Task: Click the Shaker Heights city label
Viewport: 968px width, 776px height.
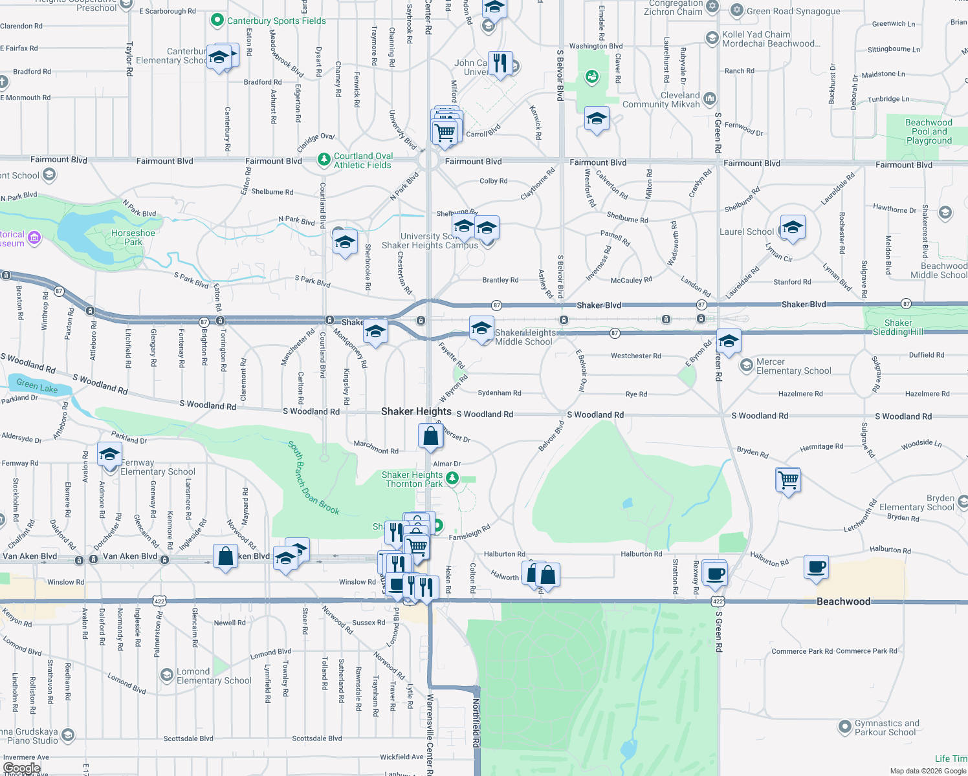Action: click(x=416, y=411)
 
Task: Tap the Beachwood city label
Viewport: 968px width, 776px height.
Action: click(x=843, y=601)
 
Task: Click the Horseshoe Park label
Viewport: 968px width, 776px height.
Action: click(x=133, y=237)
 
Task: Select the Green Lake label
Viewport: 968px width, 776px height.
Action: click(x=37, y=386)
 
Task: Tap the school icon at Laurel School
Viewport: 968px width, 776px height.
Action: click(x=793, y=228)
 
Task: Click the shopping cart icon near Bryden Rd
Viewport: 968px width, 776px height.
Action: click(x=788, y=480)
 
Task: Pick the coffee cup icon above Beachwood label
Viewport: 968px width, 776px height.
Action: click(x=817, y=566)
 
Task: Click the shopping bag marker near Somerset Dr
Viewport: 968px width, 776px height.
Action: click(x=430, y=436)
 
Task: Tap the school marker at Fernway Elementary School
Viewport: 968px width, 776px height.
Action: click(x=110, y=454)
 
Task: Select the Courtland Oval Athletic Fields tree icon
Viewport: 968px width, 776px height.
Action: click(x=324, y=159)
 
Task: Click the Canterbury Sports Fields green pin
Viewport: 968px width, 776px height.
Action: click(x=217, y=21)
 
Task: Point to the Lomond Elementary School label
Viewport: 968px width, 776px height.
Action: click(x=214, y=676)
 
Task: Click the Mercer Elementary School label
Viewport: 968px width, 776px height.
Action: click(x=793, y=366)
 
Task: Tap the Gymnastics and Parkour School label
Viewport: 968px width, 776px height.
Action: click(x=886, y=727)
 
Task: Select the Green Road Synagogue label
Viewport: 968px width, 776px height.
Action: click(x=793, y=11)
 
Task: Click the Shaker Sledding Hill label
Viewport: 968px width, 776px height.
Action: click(x=898, y=327)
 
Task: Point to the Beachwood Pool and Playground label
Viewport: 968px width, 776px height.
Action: click(x=929, y=131)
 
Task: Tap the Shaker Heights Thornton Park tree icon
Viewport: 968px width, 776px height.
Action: click(x=452, y=479)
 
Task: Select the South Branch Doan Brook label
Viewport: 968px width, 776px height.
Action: click(x=313, y=478)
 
